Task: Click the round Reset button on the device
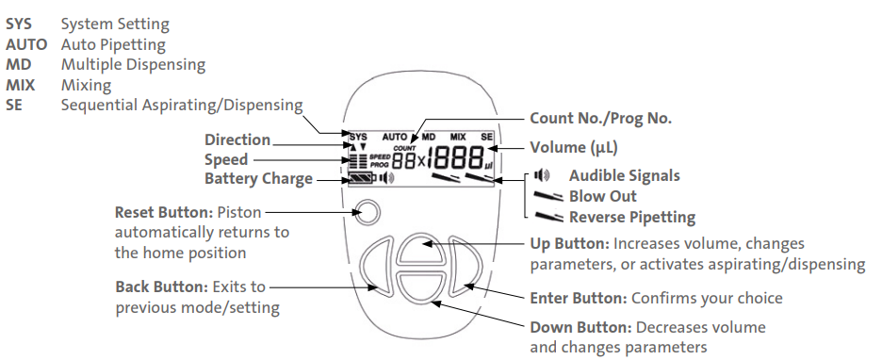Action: [367, 213]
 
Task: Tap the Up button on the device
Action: [421, 251]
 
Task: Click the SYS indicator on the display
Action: [358, 137]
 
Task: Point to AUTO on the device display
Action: [394, 137]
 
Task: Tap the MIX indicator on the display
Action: [458, 137]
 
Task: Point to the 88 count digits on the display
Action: [404, 161]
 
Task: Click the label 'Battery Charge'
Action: [258, 179]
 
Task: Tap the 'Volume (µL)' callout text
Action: [574, 147]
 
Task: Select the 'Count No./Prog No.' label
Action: [601, 118]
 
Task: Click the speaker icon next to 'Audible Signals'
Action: [542, 175]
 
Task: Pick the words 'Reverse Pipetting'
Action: [632, 217]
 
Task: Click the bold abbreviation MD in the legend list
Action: [18, 65]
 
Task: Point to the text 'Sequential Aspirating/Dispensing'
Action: [182, 106]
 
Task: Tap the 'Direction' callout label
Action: [237, 139]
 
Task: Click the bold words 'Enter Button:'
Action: [579, 298]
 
